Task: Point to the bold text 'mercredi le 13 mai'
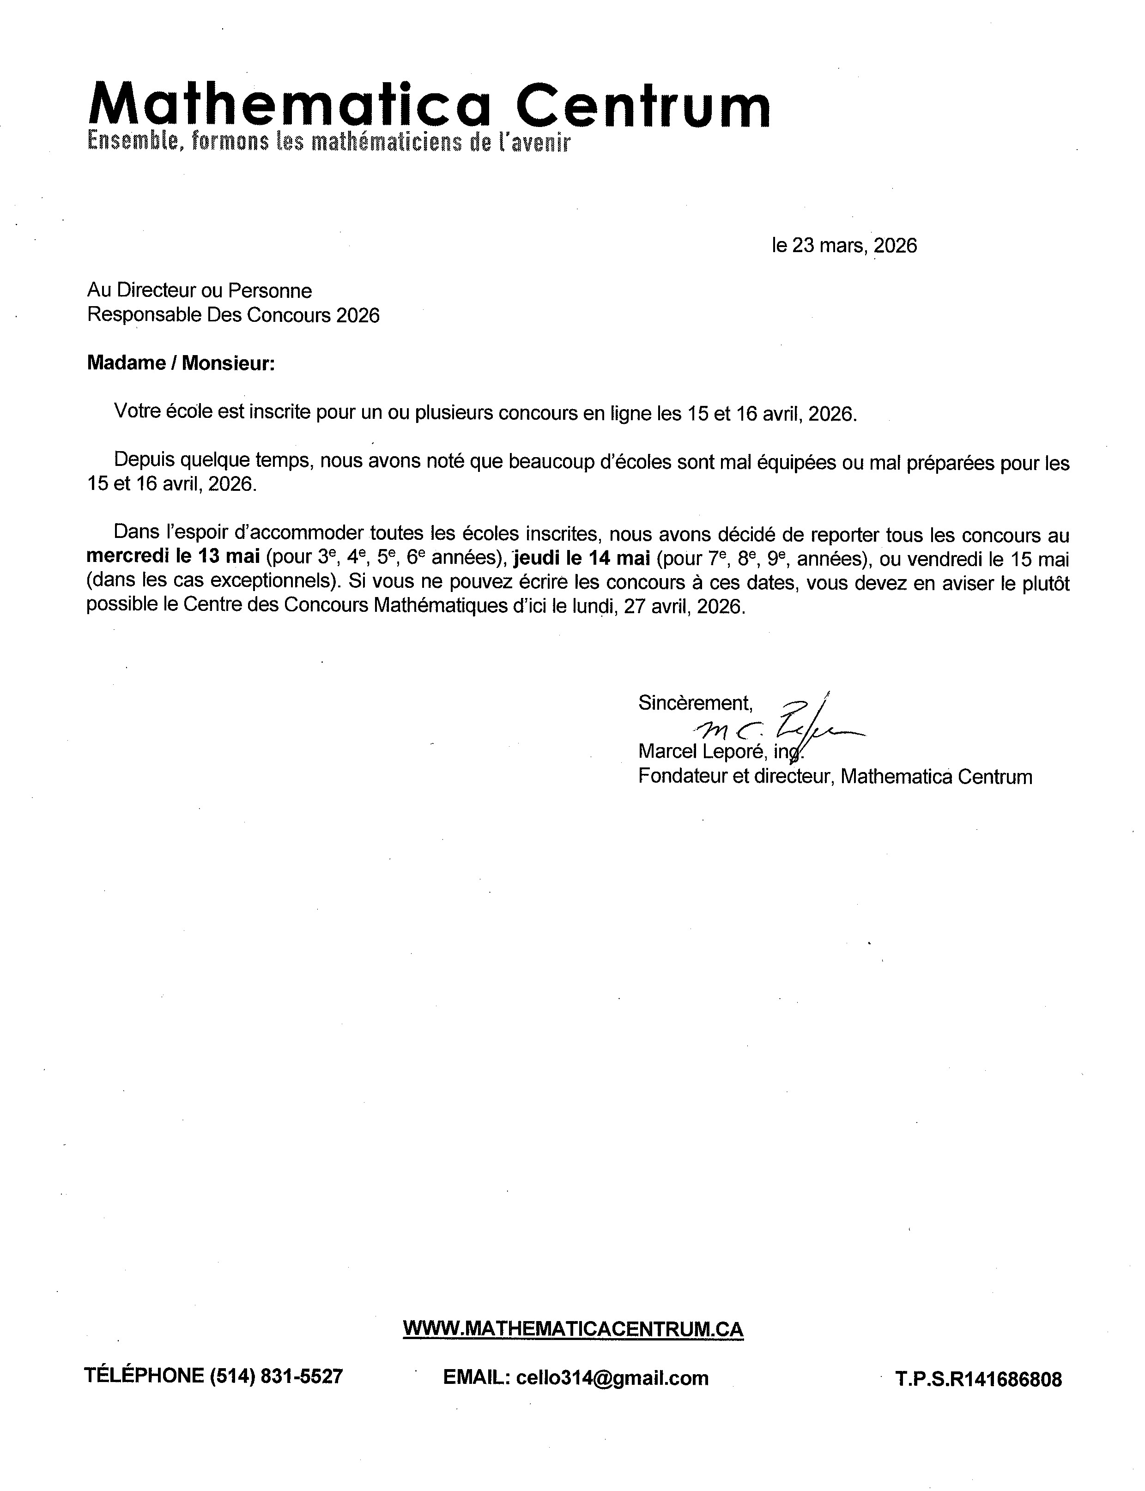click(173, 557)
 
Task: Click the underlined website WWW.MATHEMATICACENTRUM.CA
click(573, 1329)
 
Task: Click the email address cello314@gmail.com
click(612, 1378)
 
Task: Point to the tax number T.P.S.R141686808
click(978, 1379)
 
